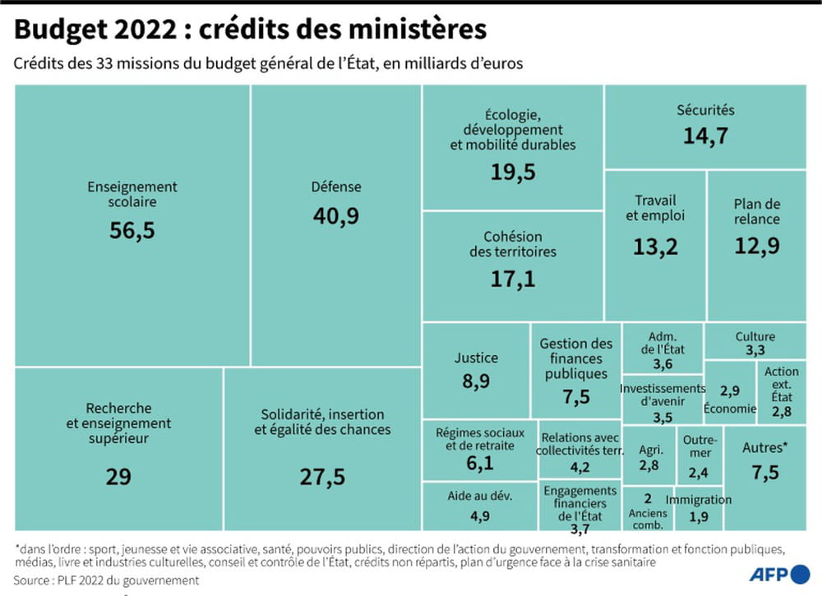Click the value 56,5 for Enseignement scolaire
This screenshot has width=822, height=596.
[x=132, y=230]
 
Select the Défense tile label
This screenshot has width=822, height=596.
[x=335, y=187]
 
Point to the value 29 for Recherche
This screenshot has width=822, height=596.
[x=118, y=476]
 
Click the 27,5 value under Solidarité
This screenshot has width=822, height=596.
[x=321, y=476]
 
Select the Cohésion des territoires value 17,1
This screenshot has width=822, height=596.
[x=512, y=279]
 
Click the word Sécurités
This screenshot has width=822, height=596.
[x=705, y=110]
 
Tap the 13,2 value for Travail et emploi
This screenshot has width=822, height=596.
[x=655, y=245]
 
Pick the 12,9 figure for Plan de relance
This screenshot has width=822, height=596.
[x=756, y=245]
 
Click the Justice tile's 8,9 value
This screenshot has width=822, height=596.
[x=476, y=381]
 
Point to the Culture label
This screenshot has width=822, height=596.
[x=755, y=336]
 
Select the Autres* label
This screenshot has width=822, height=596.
[x=764, y=448]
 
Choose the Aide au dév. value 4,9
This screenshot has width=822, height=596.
[x=480, y=516]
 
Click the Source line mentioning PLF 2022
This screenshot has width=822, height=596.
[x=107, y=580]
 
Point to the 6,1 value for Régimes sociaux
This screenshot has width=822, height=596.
[x=479, y=464]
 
